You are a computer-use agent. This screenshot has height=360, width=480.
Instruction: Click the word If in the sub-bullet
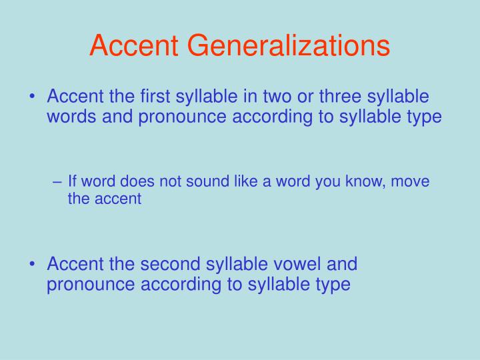coord(73,181)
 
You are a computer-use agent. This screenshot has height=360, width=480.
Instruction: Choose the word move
coord(411,181)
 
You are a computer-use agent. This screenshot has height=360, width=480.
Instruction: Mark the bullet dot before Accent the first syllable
coord(33,97)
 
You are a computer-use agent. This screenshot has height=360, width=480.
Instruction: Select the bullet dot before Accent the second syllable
coord(33,265)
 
